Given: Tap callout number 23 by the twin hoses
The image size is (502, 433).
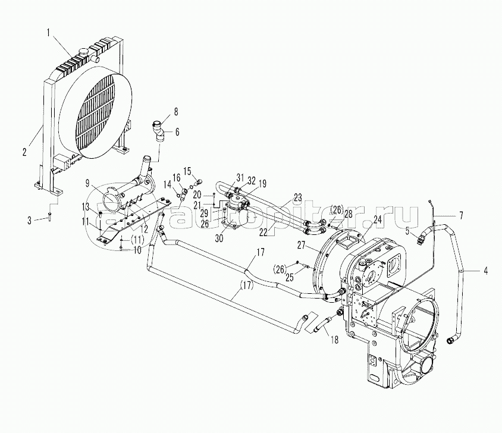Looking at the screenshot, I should pos(297,197).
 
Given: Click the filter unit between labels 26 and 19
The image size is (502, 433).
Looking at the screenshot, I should pos(236,211).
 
